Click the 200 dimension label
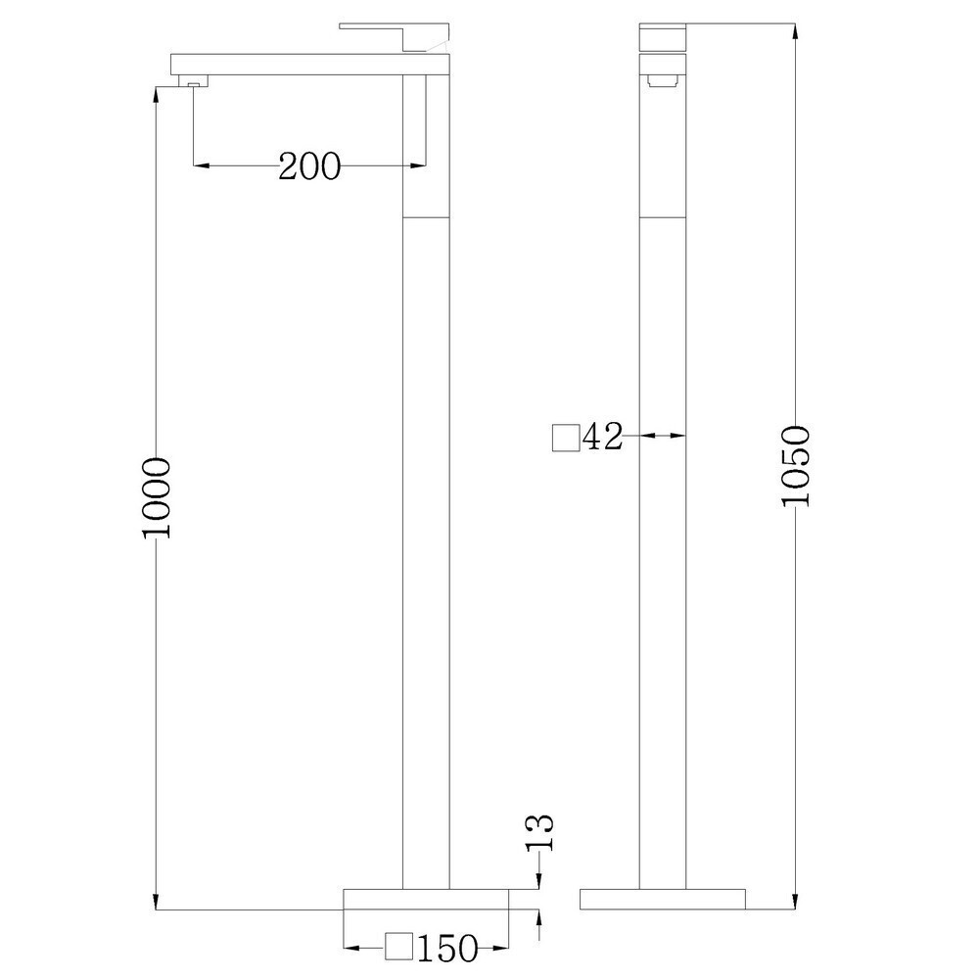tap(309, 166)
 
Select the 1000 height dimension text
tap(156, 498)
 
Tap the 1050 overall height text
tap(796, 466)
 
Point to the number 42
tap(602, 437)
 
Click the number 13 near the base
tap(539, 831)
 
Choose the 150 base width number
tap(447, 949)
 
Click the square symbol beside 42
tap(566, 437)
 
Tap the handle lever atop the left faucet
tap(396, 35)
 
